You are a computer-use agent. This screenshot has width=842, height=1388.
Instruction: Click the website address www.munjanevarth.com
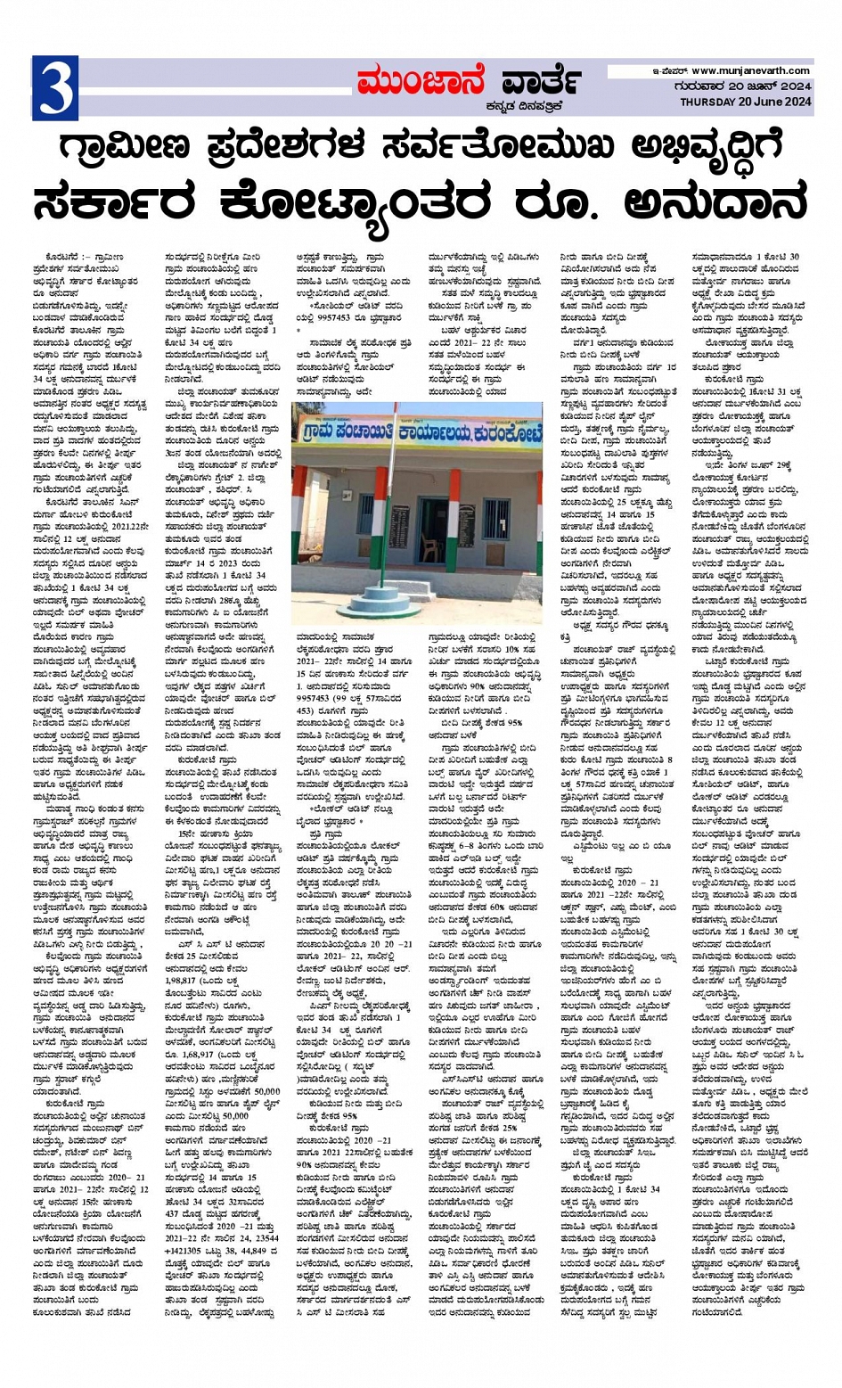pyautogui.click(x=750, y=70)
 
